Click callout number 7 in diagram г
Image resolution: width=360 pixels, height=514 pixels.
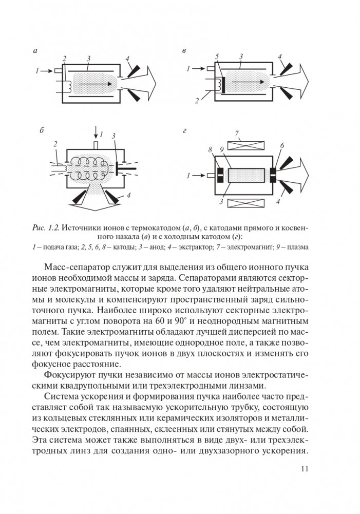237,134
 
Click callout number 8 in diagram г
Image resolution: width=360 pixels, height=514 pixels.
210,150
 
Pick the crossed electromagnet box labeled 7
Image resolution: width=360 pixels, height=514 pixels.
245,145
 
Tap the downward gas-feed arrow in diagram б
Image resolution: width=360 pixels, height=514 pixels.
96,131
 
